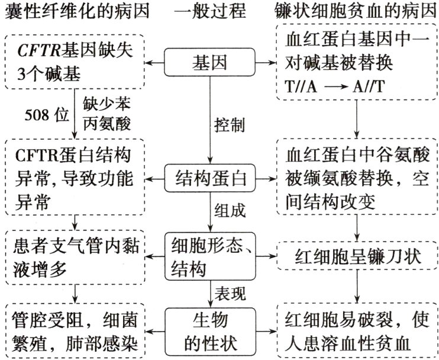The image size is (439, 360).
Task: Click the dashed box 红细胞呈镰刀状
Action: (358, 258)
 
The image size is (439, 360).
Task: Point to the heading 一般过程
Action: (210, 12)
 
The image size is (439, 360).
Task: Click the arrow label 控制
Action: (227, 126)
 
